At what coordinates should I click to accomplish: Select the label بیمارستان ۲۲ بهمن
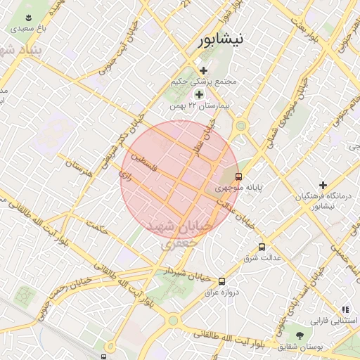(x=200, y=106)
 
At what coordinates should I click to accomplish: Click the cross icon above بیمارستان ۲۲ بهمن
(x=199, y=94)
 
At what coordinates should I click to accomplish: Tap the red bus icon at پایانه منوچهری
(x=239, y=176)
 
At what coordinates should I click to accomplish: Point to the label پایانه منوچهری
(x=238, y=188)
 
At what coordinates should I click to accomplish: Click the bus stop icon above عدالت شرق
(x=262, y=247)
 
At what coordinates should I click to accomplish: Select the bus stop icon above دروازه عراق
(x=222, y=281)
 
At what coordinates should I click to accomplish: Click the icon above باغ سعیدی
(x=28, y=18)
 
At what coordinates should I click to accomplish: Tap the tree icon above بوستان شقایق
(x=300, y=335)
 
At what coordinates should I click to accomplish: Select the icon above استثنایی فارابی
(x=345, y=309)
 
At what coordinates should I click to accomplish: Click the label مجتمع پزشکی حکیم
(x=204, y=82)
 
